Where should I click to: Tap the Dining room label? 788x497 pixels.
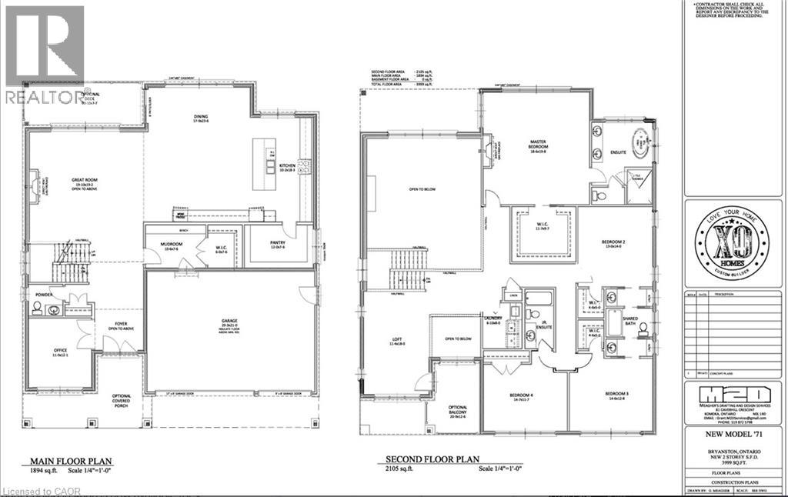click(201, 118)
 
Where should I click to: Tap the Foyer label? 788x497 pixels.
click(122, 324)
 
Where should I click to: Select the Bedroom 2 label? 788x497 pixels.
click(613, 242)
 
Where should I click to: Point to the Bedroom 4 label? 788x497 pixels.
click(523, 395)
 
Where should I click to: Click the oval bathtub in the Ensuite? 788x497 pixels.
click(639, 144)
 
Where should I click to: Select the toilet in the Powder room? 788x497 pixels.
click(36, 309)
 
